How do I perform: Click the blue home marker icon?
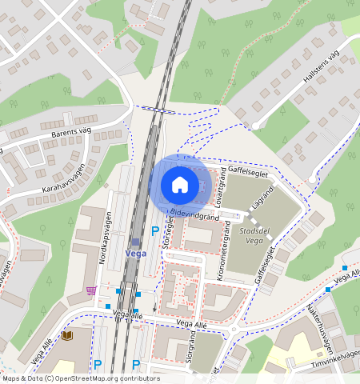180,186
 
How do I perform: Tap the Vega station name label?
135,253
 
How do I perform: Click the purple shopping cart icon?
90,290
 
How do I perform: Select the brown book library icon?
66,335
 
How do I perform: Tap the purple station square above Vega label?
134,241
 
